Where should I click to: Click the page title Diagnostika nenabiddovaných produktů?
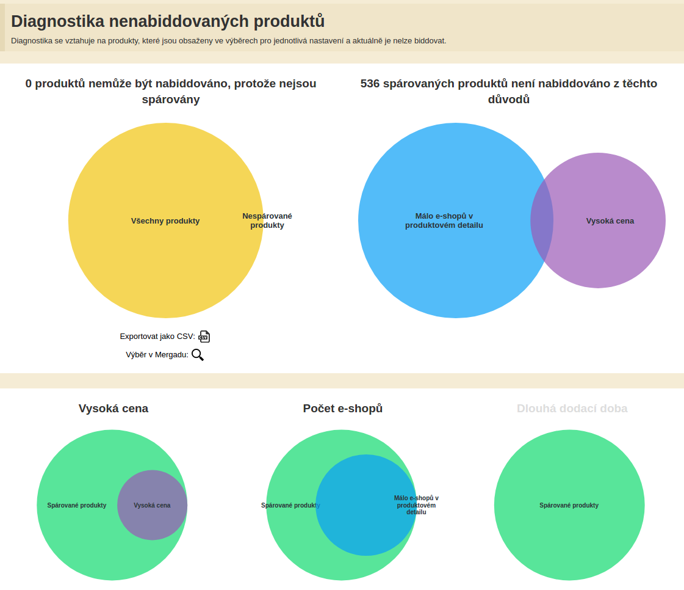168,21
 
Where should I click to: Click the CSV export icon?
204,337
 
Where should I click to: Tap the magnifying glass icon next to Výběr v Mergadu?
198,355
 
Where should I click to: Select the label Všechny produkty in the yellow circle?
165,221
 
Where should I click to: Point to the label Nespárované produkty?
267,220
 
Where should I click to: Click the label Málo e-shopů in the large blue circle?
444,220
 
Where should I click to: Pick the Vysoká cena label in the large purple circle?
610,221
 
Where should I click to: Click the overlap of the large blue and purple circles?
542,220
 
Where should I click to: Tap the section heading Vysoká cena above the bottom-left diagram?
113,409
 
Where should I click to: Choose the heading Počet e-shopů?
342,409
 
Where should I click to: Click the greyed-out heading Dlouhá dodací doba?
572,409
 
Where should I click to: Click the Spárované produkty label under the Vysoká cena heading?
77,506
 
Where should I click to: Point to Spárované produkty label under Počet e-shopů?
290,506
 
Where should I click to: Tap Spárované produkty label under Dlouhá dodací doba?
569,506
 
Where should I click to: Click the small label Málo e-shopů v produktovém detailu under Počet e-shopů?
416,505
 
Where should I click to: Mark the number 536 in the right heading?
370,84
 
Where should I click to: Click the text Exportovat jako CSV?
157,337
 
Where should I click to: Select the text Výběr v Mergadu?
157,355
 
